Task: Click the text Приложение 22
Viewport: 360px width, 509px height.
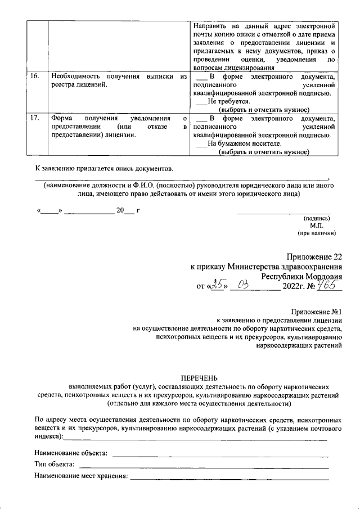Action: click(313, 256)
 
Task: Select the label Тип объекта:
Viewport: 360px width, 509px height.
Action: click(54, 465)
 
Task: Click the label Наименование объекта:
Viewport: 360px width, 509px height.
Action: click(71, 453)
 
